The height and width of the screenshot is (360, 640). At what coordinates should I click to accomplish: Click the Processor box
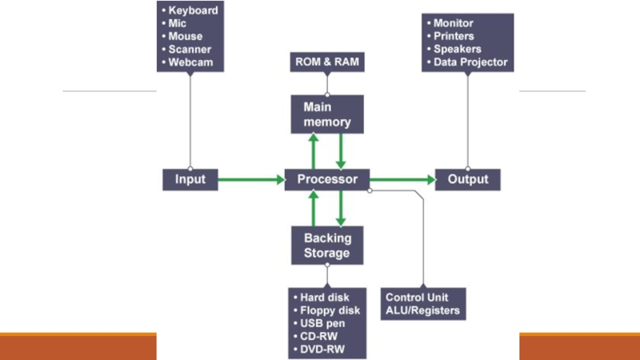pos(327,179)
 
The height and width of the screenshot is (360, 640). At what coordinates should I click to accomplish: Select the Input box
pos(190,179)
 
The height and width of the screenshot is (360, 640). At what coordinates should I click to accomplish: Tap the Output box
pos(468,179)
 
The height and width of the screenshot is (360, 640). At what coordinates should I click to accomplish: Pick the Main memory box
pos(327,114)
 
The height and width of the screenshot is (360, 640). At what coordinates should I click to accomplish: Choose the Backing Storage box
pos(327,245)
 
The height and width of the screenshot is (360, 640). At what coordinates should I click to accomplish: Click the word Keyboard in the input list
pos(194,11)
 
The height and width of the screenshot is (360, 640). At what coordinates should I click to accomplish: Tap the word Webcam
pos(191,62)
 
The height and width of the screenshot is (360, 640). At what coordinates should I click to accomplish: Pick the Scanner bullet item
pos(191,49)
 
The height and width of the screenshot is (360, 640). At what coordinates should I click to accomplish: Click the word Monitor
pos(454,23)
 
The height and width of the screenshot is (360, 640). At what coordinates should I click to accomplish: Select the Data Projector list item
pos(470,62)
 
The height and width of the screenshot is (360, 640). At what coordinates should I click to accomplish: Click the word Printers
pos(454,36)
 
